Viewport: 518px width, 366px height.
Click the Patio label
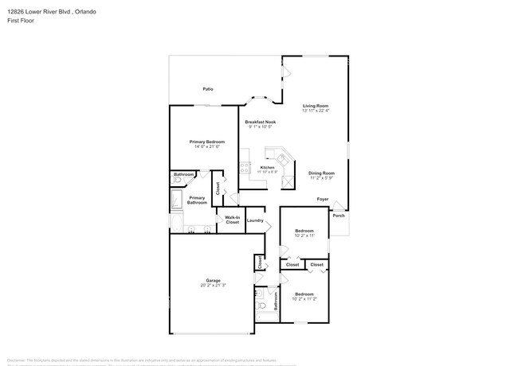click(207, 89)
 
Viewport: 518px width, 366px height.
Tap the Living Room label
click(315, 106)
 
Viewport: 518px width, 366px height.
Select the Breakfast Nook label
click(261, 122)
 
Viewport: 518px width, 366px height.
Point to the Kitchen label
click(268, 167)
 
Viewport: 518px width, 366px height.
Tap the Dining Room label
click(321, 173)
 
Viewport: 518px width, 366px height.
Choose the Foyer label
click(323, 199)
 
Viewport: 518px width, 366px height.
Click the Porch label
click(339, 216)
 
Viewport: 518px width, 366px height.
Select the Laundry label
click(255, 220)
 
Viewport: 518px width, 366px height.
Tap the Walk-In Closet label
click(232, 220)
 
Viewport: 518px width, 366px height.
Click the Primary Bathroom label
click(197, 200)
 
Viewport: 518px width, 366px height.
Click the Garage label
click(213, 280)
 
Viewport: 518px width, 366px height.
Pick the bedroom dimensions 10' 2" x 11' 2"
click(305, 298)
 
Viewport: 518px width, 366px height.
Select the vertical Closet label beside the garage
click(260, 262)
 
